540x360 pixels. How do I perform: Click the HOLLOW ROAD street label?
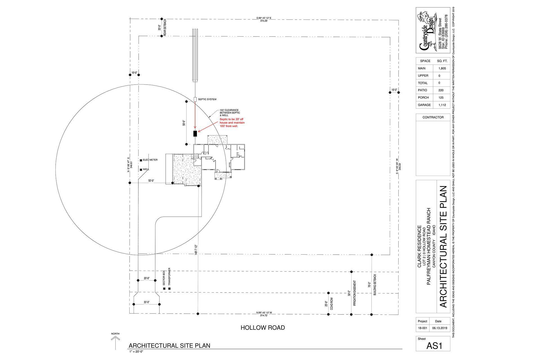[262, 328]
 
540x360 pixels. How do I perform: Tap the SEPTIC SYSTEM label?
[207, 99]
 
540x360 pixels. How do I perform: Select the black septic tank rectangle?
[195, 134]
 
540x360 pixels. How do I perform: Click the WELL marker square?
[141, 169]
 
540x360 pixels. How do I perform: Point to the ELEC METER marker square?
[141, 160]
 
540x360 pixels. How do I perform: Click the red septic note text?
[232, 123]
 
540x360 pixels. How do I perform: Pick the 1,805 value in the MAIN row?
[441, 69]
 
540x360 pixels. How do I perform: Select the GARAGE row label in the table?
[424, 105]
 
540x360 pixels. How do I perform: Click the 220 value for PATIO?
[441, 90]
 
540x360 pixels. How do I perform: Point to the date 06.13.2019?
[440, 328]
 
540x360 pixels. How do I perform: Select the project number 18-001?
[422, 328]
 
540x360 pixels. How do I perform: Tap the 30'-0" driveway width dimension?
[147, 302]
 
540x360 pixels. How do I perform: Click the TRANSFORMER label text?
[169, 277]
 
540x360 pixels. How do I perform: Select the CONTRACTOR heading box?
[433, 117]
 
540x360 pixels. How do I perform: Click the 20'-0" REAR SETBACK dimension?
[159, 28]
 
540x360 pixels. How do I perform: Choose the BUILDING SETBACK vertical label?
[375, 284]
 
